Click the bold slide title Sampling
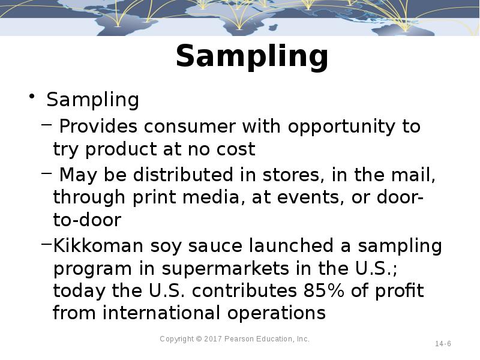(252, 57)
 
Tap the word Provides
(98, 127)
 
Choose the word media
(208, 197)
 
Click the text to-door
(87, 220)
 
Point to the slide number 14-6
(443, 344)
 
